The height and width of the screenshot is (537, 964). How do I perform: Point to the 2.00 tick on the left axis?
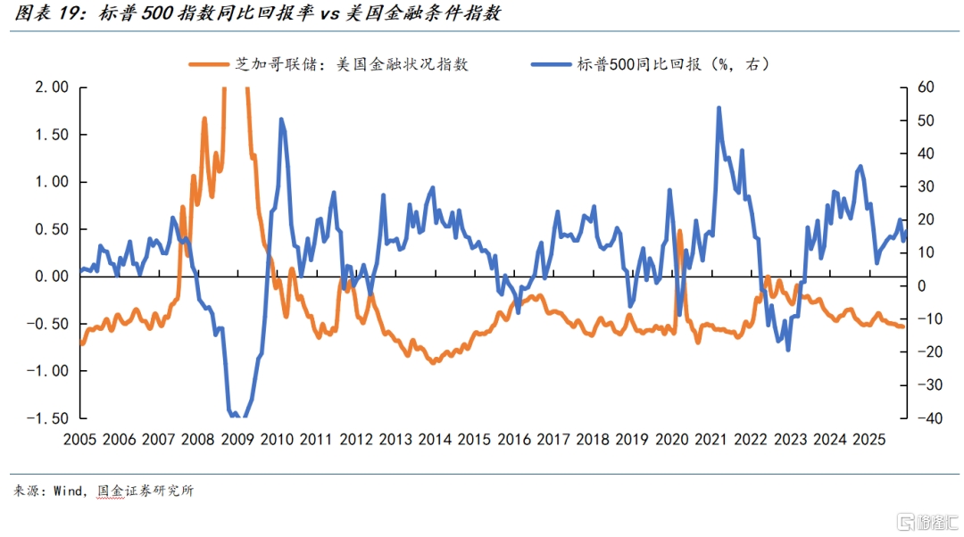[x=50, y=87]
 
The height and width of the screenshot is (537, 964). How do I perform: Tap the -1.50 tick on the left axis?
[x=47, y=418]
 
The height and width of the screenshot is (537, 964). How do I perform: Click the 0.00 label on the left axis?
[x=50, y=277]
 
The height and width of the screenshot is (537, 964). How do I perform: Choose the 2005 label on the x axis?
[x=81, y=440]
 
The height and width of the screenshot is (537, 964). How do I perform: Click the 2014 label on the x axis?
[x=435, y=440]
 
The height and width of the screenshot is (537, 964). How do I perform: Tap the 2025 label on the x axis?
[x=868, y=440]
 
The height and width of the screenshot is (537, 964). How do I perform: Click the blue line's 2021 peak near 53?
[x=719, y=108]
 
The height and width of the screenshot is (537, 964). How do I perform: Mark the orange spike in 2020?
[x=679, y=231]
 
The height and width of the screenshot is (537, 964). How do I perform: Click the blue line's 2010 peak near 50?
[x=281, y=119]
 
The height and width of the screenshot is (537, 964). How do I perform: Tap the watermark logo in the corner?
[x=908, y=518]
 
